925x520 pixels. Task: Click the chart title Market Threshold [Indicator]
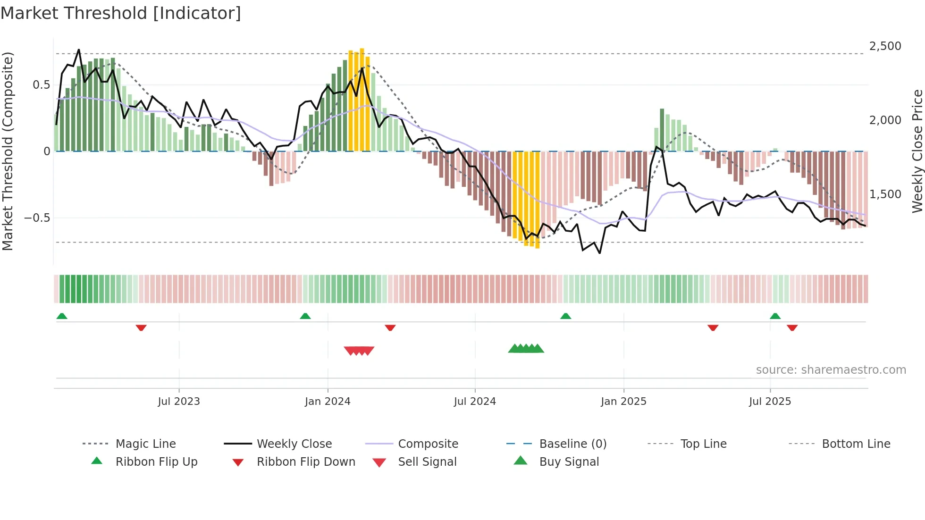[x=121, y=13]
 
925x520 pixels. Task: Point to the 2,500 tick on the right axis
[x=885, y=46]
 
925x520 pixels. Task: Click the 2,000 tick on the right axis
[x=885, y=120]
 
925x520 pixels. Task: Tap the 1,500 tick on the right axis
[x=885, y=194]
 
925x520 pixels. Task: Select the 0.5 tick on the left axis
[x=41, y=85]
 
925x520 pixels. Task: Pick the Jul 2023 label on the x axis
[x=179, y=402]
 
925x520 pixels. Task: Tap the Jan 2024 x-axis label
[x=328, y=402]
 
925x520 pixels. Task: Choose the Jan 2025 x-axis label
[x=623, y=402]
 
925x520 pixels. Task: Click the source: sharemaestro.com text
[x=831, y=370]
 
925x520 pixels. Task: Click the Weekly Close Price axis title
[x=917, y=151]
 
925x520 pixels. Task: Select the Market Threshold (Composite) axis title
[x=8, y=151]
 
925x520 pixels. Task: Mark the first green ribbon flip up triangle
[x=62, y=316]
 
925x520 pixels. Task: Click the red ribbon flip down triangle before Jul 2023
[x=141, y=327]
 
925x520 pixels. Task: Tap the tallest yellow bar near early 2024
[x=362, y=99]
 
